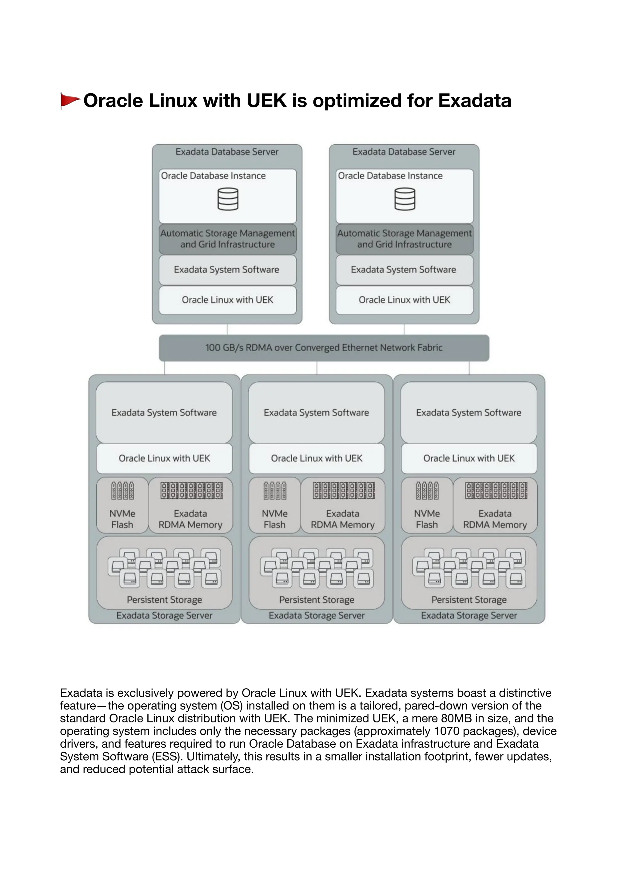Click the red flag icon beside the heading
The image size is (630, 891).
coord(70,101)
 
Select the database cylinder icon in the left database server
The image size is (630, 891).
coord(228,199)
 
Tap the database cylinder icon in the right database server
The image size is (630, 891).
coord(405,199)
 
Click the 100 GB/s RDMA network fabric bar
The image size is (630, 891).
coord(324,348)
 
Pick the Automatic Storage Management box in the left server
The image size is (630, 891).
coord(228,239)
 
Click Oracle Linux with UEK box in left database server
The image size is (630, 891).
coord(228,300)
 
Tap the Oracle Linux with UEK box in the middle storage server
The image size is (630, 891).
coord(317,458)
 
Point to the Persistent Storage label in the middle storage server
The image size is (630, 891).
coord(317,600)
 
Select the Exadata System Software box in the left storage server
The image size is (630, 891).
coord(164,413)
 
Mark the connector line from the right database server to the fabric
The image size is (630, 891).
coord(404,330)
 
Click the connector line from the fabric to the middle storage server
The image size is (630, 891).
coord(317,368)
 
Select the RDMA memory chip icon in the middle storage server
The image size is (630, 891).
coord(344,490)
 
